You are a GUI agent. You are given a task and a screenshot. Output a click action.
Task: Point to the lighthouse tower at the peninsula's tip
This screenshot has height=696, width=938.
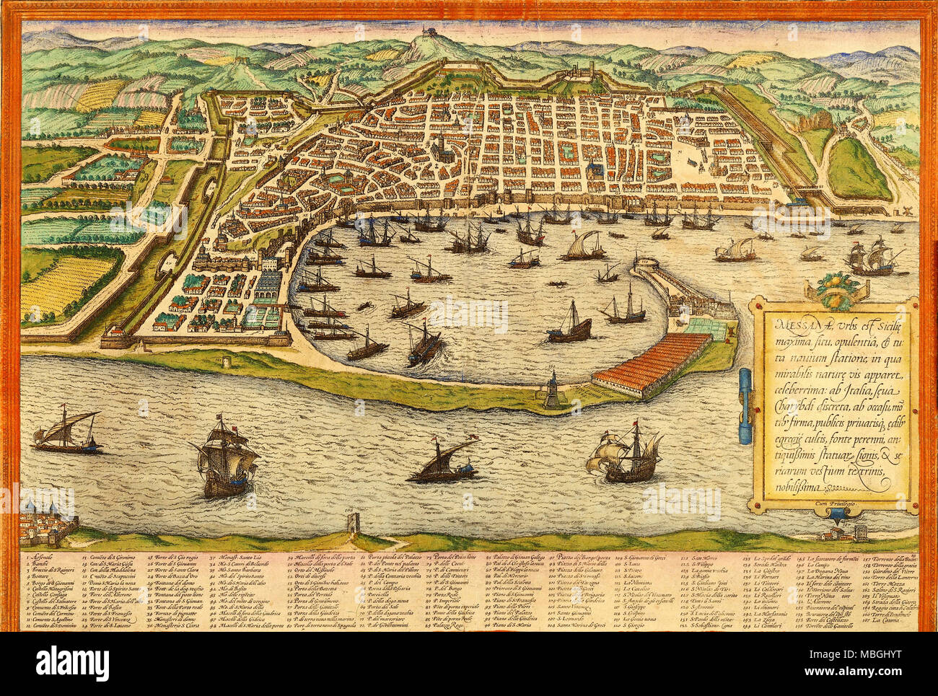[551, 389]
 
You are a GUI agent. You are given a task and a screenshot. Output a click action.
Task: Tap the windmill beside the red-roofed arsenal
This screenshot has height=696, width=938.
[731, 333]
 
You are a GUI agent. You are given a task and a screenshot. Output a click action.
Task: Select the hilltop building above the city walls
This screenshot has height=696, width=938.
[431, 32]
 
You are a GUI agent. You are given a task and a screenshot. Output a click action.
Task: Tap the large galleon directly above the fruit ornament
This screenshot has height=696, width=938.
[869, 256]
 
